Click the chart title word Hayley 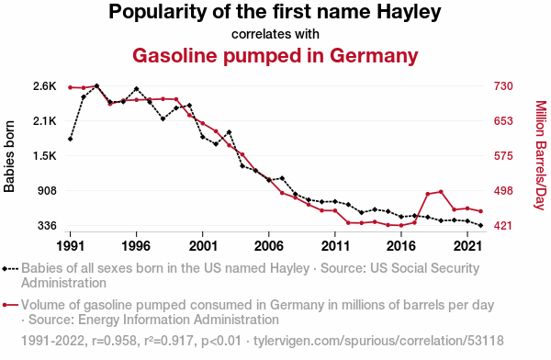click(409, 12)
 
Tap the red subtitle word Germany click(374, 56)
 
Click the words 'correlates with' click(275, 34)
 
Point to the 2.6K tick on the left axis click(45, 86)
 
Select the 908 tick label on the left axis click(47, 191)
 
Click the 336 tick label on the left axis click(47, 226)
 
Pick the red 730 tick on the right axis click(503, 86)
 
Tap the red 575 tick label click(503, 156)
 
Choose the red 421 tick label click(503, 226)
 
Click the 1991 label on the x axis click(71, 246)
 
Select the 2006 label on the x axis click(269, 246)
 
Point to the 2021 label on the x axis click(467, 246)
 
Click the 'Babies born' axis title click(9, 156)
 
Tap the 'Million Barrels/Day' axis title click(541, 155)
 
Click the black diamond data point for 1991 click(71, 140)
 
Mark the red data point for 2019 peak click(441, 192)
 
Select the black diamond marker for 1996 click(136, 88)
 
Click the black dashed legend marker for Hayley click(10, 269)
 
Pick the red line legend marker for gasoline click(10, 305)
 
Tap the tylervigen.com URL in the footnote click(378, 341)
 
